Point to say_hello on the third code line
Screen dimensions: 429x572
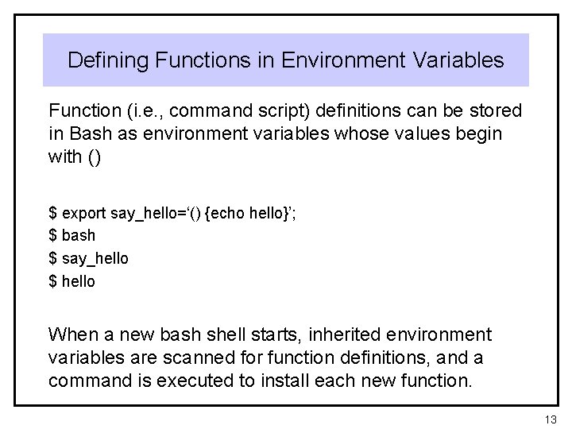[94, 258]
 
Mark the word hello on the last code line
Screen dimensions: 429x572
[78, 280]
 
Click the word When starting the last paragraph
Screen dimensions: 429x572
[71, 334]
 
